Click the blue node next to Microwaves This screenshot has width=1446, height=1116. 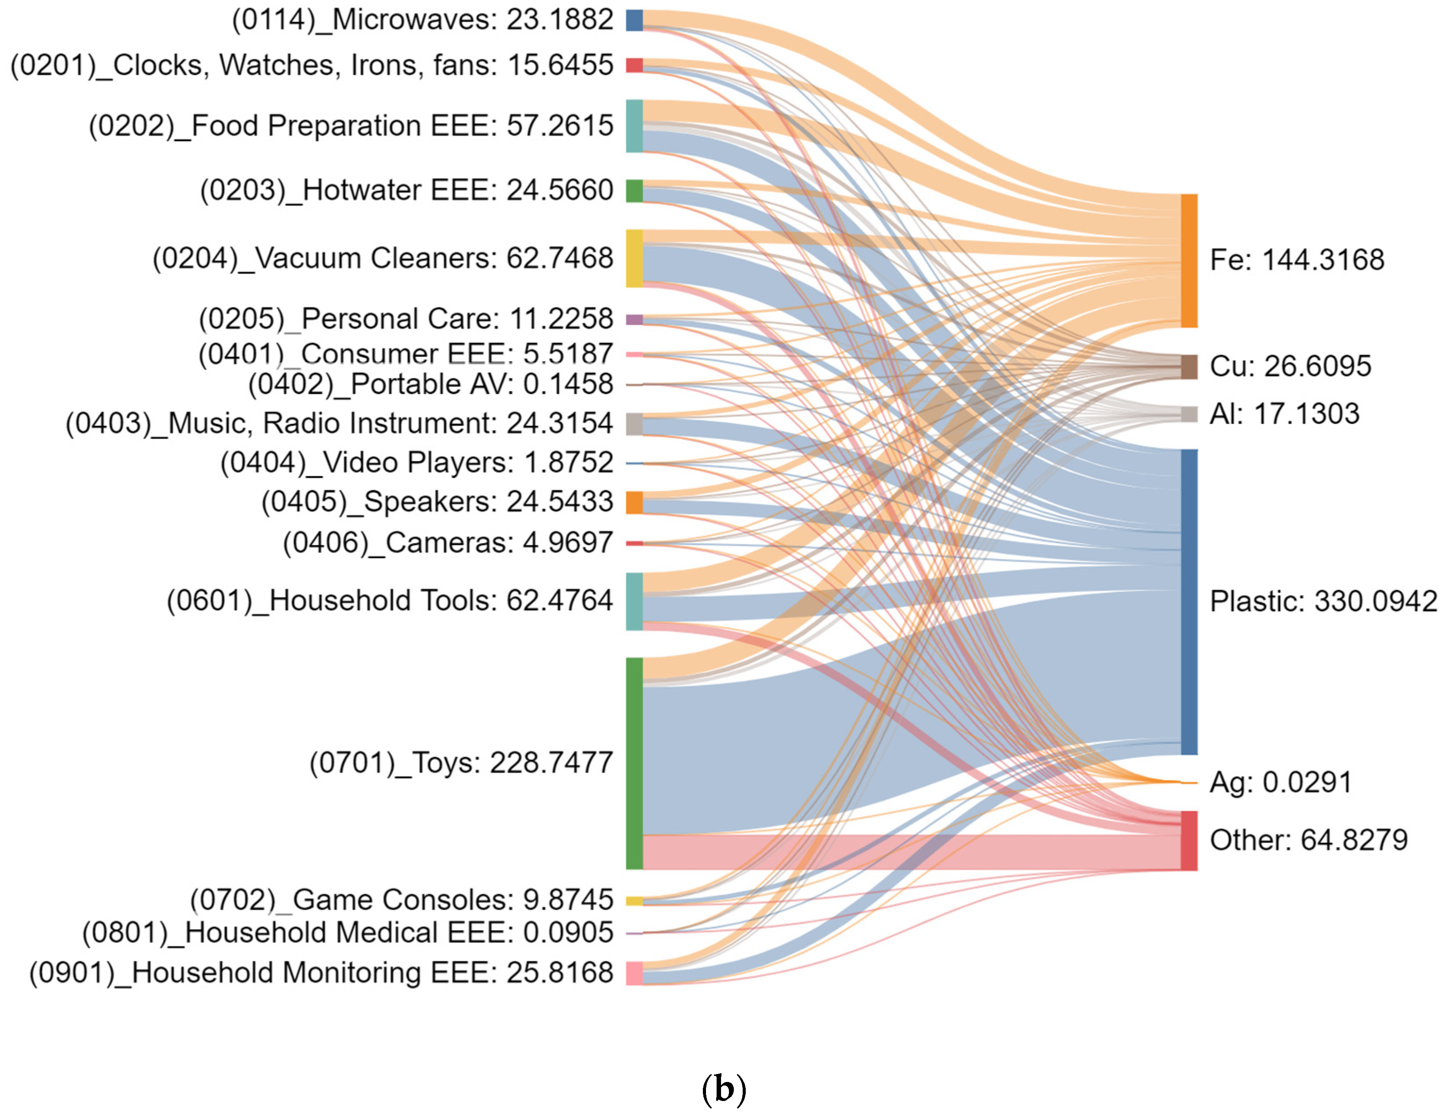click(634, 20)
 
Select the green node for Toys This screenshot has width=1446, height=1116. click(634, 763)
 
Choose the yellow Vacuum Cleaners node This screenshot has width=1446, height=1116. click(634, 258)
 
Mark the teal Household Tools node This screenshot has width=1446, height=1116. click(634, 601)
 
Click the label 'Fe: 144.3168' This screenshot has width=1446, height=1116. click(1296, 260)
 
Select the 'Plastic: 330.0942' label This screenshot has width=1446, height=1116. click(1323, 601)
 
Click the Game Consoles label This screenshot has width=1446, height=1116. click(401, 900)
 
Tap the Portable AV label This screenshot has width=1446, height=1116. click(430, 384)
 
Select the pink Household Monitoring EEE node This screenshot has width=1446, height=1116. click(634, 973)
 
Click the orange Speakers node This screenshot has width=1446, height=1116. click(634, 503)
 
